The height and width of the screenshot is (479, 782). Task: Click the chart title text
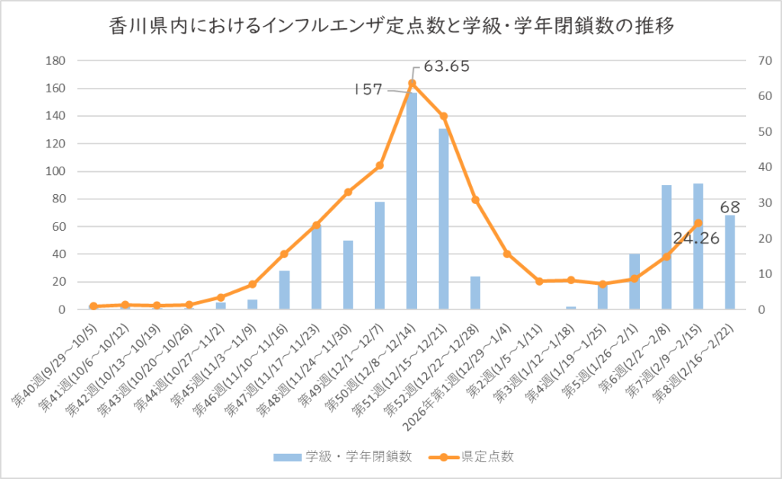point(391,28)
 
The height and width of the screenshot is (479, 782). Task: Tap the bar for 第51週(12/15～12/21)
point(444,222)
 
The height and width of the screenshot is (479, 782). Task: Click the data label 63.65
point(447,66)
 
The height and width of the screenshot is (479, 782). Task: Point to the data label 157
point(368,89)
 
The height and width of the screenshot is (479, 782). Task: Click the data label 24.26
point(696,238)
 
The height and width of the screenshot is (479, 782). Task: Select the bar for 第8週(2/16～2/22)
point(730,264)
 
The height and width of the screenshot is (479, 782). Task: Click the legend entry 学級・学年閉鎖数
point(343,457)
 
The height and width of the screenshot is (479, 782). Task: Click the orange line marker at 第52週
point(475,199)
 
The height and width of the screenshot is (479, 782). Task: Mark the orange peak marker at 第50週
point(412,83)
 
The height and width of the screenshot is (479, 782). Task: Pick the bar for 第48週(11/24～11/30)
point(348,275)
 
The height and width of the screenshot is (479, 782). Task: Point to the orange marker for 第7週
point(698,223)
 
